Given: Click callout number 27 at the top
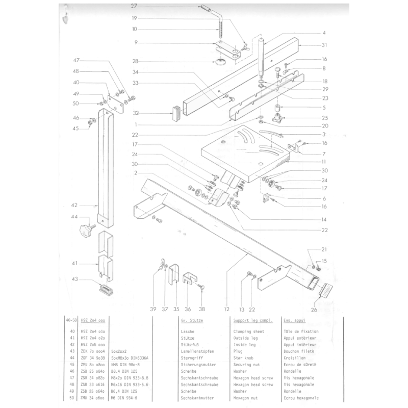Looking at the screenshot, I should (x=134, y=7).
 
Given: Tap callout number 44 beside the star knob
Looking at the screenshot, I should (x=74, y=217).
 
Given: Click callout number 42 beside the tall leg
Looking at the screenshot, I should (x=74, y=206).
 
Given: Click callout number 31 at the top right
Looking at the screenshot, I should (x=324, y=45).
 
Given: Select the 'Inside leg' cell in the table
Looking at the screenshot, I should (x=245, y=344).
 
